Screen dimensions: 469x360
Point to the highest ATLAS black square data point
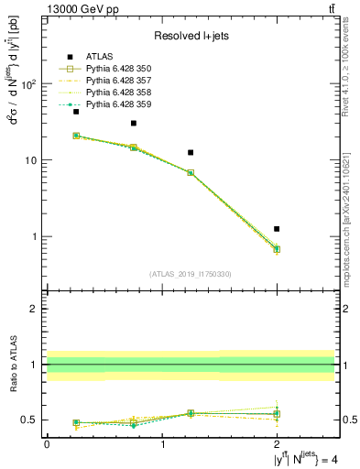coord(76,111)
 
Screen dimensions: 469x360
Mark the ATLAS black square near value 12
coord(191,152)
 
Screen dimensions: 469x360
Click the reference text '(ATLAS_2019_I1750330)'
coord(191,274)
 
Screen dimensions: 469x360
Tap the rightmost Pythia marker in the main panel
coord(277,249)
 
